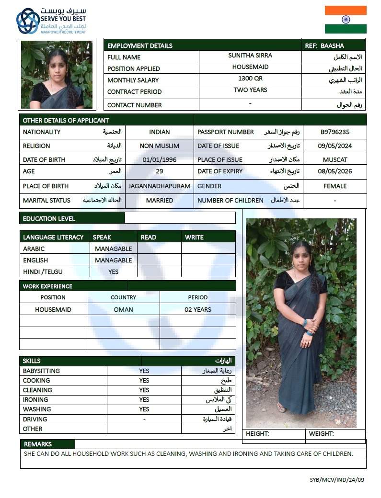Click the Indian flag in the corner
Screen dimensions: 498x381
pos(345,20)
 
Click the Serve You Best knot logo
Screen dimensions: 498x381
pos(28,21)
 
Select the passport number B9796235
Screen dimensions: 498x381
pos(335,132)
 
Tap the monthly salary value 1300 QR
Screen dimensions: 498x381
pos(250,79)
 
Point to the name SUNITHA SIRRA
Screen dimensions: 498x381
pos(250,56)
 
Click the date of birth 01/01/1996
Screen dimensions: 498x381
pos(160,159)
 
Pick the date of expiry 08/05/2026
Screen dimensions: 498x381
pos(335,171)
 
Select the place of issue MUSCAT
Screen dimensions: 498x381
pos(335,159)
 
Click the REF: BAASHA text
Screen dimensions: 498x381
pos(324,45)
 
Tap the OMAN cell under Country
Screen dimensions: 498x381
pos(123,309)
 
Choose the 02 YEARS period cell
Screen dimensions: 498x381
pos(197,309)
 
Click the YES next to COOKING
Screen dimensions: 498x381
pos(144,381)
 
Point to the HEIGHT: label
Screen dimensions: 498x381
pos(257,434)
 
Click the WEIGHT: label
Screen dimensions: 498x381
pos(321,434)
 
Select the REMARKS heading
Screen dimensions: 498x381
pos(38,444)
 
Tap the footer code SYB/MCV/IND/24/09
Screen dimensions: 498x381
pos(336,479)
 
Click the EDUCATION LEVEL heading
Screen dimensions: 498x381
pos(49,218)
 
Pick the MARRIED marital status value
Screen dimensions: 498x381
pos(160,201)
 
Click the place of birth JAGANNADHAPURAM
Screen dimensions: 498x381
pos(160,186)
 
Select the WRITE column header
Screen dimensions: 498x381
pos(194,237)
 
